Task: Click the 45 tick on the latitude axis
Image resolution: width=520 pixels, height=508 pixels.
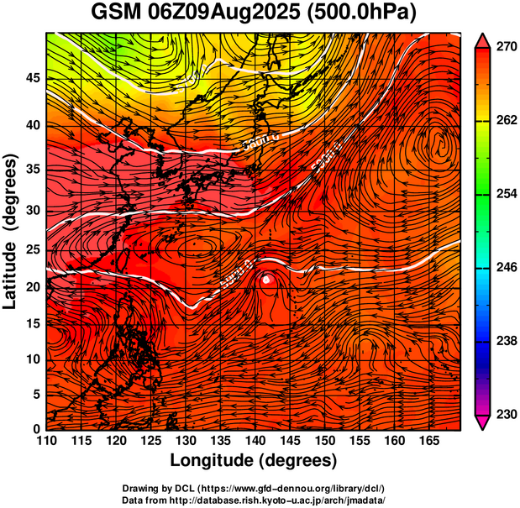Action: click(32, 77)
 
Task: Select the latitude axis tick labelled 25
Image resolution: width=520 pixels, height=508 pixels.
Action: click(32, 249)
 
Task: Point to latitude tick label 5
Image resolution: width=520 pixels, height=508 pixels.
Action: click(36, 393)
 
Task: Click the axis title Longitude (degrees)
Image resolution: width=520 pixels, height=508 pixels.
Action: click(254, 461)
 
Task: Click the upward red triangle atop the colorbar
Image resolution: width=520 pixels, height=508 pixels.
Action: click(483, 40)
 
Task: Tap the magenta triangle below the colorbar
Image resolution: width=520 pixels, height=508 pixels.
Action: click(483, 422)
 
